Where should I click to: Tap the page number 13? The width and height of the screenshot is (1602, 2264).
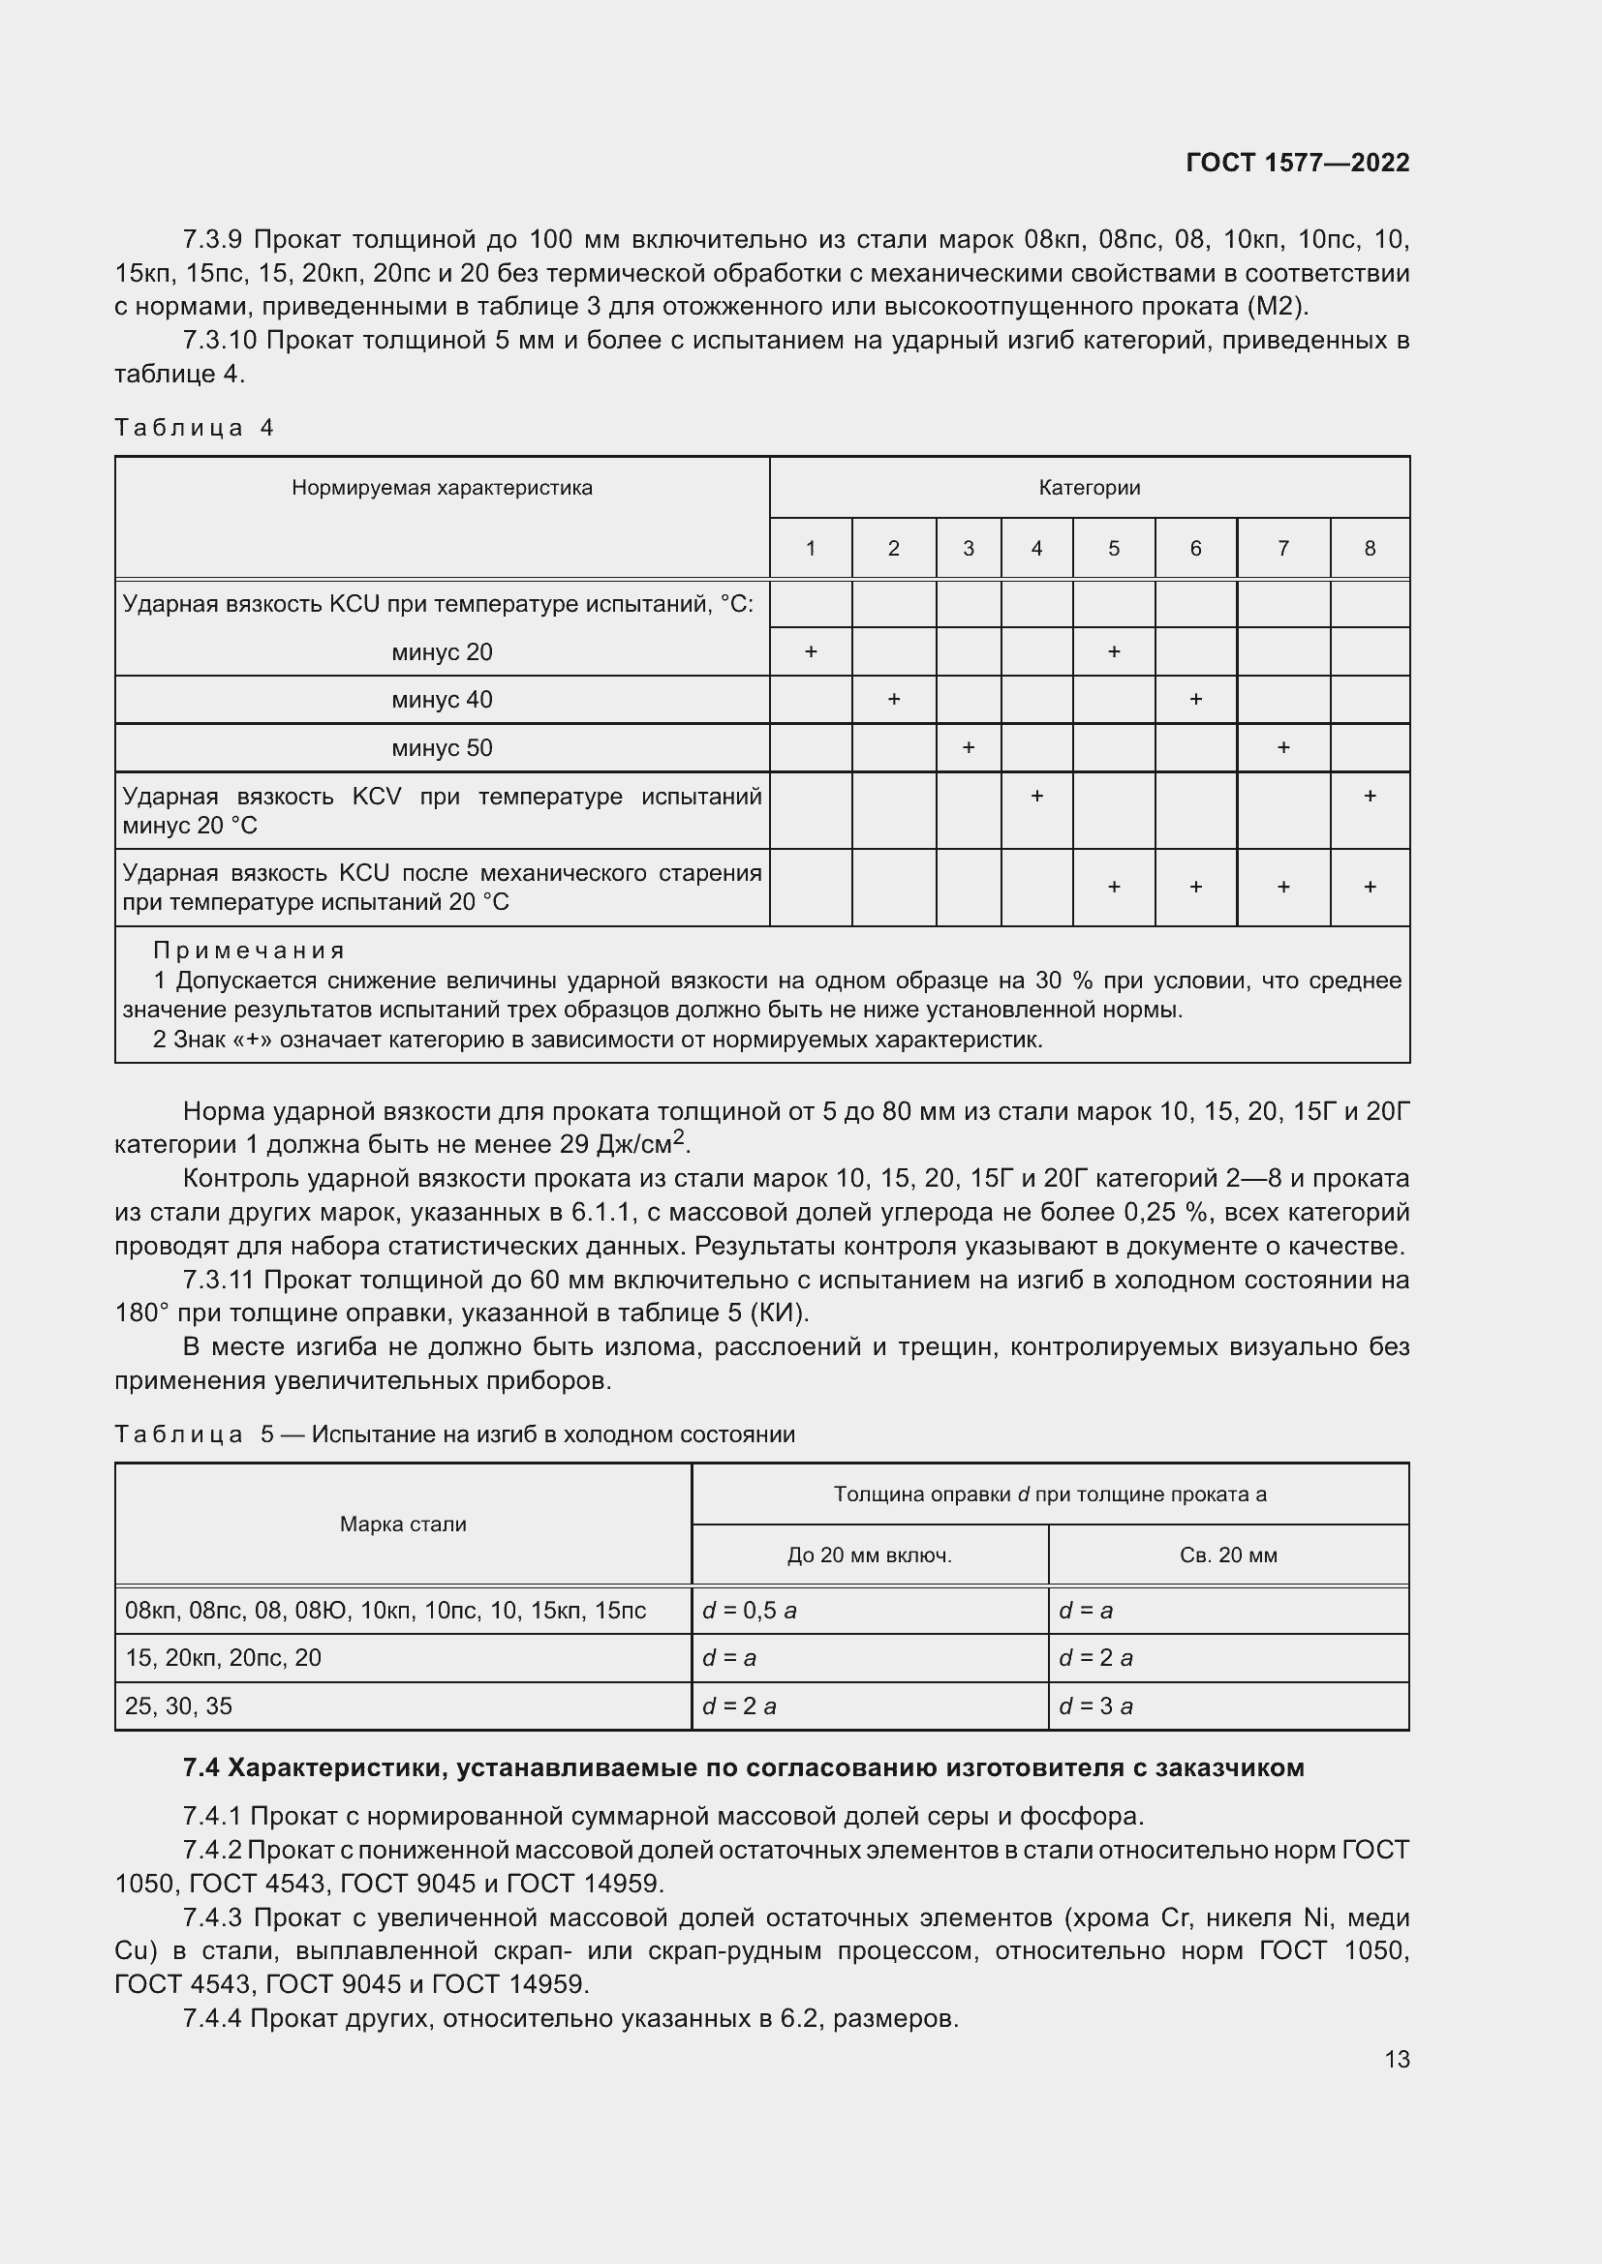point(1396,2059)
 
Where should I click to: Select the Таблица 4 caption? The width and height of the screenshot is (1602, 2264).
point(195,427)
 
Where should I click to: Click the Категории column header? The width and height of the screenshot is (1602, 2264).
point(1088,487)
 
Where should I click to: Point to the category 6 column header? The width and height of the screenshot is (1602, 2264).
point(1194,548)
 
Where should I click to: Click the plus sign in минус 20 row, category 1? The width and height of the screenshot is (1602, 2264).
point(810,651)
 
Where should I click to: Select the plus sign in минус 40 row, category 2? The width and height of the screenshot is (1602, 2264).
point(893,699)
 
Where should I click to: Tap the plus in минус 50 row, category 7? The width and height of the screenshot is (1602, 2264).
point(1282,747)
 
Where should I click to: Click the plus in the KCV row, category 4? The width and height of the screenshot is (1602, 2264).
point(1035,796)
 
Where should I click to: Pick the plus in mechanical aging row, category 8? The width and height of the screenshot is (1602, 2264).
point(1370,887)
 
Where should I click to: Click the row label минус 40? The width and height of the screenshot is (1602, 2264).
point(441,700)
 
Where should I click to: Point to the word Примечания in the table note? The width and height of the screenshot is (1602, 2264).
point(249,951)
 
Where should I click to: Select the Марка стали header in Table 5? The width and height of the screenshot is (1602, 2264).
point(403,1524)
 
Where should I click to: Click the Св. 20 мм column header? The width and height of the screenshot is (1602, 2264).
point(1227,1555)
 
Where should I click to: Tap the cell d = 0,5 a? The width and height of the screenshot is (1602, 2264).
point(749,1611)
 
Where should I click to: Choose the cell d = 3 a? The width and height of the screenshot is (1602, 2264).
point(1095,1706)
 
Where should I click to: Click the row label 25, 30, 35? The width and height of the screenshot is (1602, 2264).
point(178,1706)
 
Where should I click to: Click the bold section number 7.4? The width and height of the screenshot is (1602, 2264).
point(200,1768)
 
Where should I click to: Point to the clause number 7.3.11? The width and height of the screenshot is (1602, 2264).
point(219,1280)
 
